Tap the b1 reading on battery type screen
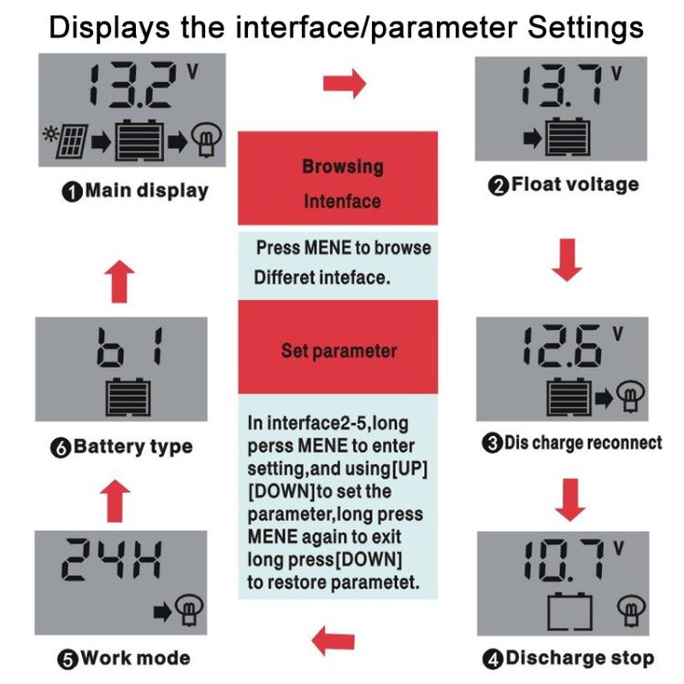[128, 349]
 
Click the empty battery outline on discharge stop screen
[569, 611]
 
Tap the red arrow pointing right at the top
[344, 85]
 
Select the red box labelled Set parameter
[337, 350]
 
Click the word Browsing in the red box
[342, 167]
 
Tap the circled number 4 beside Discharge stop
[493, 658]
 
